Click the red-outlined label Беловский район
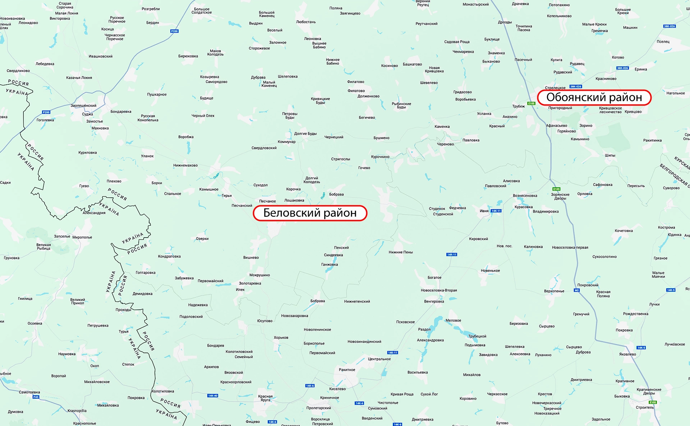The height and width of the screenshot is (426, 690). pyautogui.click(x=310, y=213)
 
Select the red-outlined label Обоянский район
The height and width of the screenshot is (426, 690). pyautogui.click(x=594, y=98)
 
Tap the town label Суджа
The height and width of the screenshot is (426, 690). pyautogui.click(x=87, y=114)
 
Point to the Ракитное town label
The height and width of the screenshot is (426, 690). pyautogui.click(x=347, y=370)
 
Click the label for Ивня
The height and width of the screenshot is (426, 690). pyautogui.click(x=484, y=211)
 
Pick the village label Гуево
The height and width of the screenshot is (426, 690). pyautogui.click(x=84, y=186)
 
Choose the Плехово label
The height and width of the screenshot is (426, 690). pyautogui.click(x=114, y=181)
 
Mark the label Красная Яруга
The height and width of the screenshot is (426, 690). pyautogui.click(x=265, y=398)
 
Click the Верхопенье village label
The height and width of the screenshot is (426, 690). pyautogui.click(x=554, y=291)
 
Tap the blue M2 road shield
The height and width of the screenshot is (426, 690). pyautogui.click(x=577, y=290)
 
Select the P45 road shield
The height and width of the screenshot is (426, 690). pyautogui.click(x=36, y=397)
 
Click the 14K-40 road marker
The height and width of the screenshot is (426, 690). pyautogui.click(x=213, y=395)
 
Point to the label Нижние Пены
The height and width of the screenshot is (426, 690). pyautogui.click(x=401, y=252)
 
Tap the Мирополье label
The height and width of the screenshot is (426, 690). pyautogui.click(x=82, y=237)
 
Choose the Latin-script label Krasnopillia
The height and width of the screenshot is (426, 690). pyautogui.click(x=77, y=411)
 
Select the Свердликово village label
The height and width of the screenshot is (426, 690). pyautogui.click(x=18, y=71)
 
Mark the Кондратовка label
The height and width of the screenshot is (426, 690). pyautogui.click(x=169, y=256)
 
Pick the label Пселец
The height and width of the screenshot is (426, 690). pyautogui.click(x=663, y=42)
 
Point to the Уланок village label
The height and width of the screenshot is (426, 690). pyautogui.click(x=147, y=156)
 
